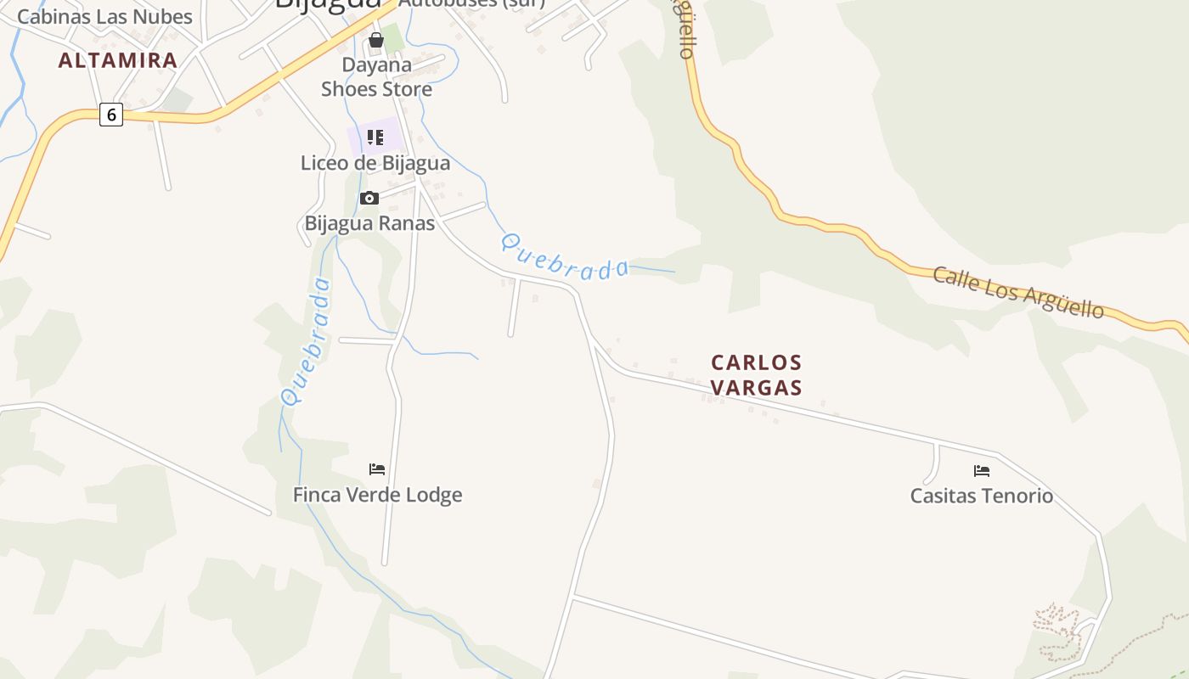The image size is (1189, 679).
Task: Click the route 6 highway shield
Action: pos(111,115)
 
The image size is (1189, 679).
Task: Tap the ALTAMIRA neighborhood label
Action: pos(118,60)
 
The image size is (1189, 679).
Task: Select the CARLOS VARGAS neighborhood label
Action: pos(756,374)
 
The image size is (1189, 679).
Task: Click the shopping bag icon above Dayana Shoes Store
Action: pos(376,40)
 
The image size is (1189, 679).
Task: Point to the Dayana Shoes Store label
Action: pos(376,76)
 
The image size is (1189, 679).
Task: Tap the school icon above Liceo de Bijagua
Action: pos(375,137)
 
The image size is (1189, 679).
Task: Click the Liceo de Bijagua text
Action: pos(375,163)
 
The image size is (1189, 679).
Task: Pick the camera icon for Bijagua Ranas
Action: pos(369,198)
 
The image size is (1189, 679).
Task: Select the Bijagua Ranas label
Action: pos(369,223)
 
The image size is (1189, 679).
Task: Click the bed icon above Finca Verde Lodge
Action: pos(377,469)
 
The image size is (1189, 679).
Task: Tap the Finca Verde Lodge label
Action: pos(377,495)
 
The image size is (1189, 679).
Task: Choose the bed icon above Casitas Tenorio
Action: pos(982,471)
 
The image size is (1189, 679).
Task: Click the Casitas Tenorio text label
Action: pos(982,496)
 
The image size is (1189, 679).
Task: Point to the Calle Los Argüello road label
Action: pos(1018,293)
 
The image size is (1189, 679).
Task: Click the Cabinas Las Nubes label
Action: pos(104,16)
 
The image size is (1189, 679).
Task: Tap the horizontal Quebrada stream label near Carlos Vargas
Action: pos(565,258)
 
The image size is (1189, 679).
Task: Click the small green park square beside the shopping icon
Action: pos(393,37)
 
